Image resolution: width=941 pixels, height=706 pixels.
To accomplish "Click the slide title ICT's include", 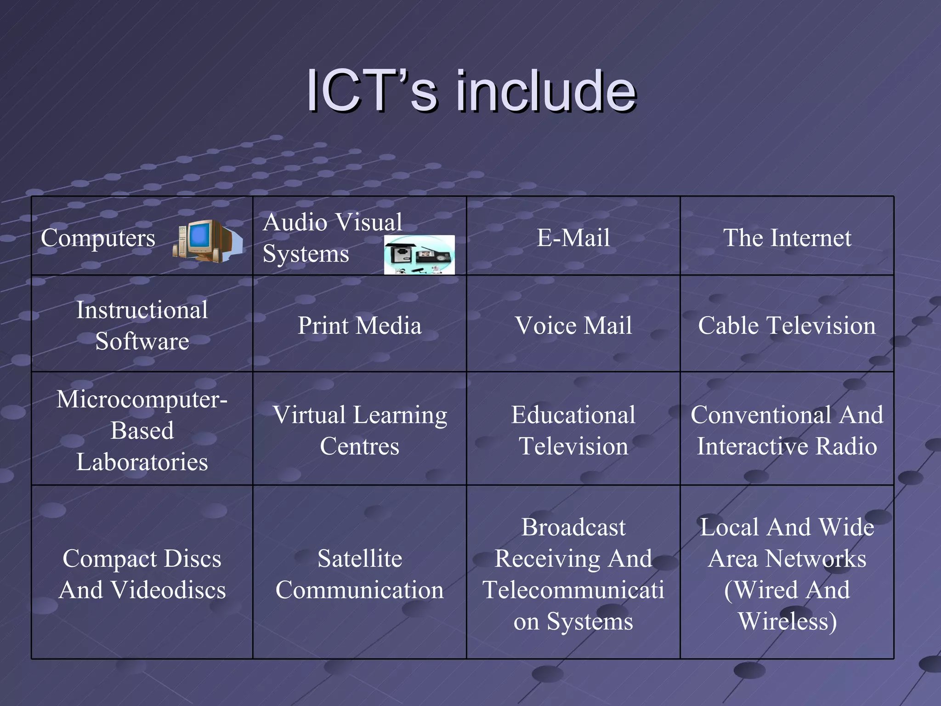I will coord(471,91).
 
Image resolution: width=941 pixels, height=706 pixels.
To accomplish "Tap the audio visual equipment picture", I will coord(419,255).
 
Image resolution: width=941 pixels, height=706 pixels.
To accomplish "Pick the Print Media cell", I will coord(359,325).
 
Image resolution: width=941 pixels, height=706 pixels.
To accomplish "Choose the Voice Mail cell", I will coord(573,325).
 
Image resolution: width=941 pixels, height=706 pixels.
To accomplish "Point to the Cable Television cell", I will coord(787,325).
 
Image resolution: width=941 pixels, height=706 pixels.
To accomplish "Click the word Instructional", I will coord(142,310).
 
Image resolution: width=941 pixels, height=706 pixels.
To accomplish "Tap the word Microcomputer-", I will coord(142,399).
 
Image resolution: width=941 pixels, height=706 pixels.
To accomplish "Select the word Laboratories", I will coord(142,461).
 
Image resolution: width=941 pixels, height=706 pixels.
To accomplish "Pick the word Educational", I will coord(573,415).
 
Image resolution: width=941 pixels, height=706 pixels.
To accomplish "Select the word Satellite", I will coord(359,558).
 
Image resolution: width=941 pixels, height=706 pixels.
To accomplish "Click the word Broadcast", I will coord(573,527).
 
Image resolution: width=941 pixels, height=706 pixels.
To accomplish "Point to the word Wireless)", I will coord(787,621).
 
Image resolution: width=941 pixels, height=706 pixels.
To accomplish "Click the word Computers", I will coord(98,238).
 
